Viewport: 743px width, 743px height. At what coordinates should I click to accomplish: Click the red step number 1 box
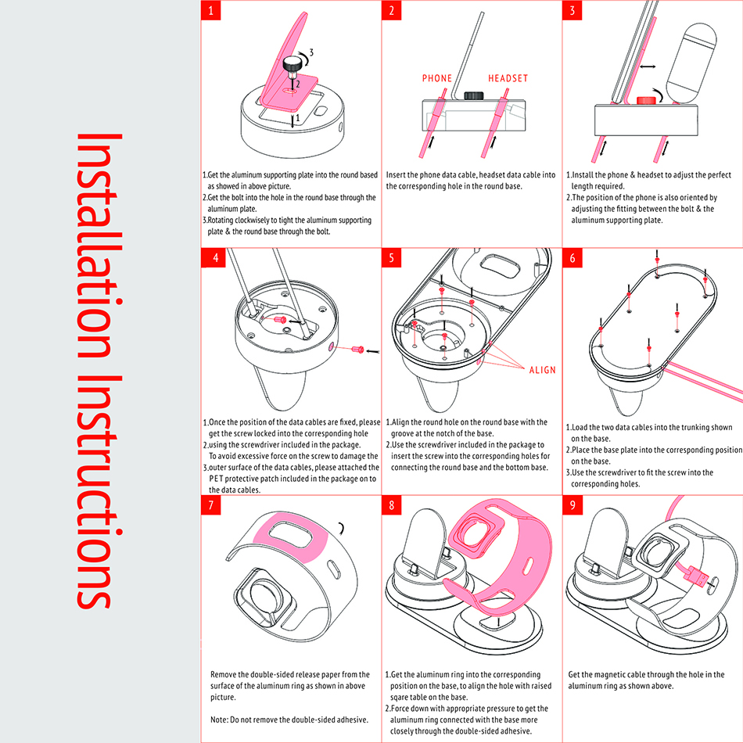211,10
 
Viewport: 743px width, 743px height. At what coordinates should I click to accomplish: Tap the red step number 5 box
391,258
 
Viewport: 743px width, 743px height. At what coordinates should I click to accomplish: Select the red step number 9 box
573,505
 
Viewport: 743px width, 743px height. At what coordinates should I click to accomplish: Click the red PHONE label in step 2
437,78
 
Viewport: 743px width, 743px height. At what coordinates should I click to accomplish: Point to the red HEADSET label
508,78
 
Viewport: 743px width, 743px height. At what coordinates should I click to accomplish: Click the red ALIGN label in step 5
542,370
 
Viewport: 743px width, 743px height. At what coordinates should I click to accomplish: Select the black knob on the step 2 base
473,95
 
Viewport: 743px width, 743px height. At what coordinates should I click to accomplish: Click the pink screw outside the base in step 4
357,350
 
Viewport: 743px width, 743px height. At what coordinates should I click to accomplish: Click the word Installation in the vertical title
99,246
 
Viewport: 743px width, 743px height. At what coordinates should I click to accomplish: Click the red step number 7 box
211,505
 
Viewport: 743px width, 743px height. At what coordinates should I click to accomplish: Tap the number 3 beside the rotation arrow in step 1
311,52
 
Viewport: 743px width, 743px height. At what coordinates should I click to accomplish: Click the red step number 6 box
573,258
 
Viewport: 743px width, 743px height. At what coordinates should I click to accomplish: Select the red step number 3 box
573,10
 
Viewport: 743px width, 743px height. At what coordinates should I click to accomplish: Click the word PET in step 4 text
216,479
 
